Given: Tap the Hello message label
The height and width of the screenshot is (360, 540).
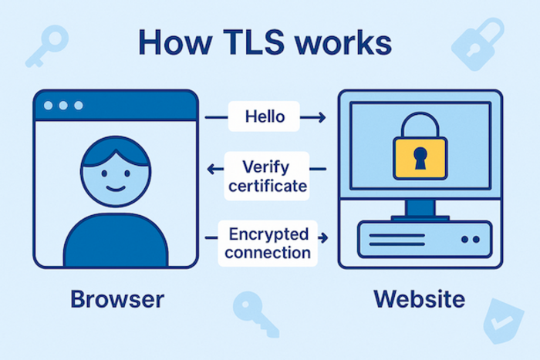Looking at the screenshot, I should click(x=265, y=118).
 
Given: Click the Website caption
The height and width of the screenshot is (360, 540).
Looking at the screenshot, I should click(x=419, y=298).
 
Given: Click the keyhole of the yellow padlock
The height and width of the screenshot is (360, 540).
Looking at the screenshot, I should click(x=420, y=158).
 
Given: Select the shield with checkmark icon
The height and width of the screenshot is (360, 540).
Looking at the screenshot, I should click(x=502, y=321).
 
